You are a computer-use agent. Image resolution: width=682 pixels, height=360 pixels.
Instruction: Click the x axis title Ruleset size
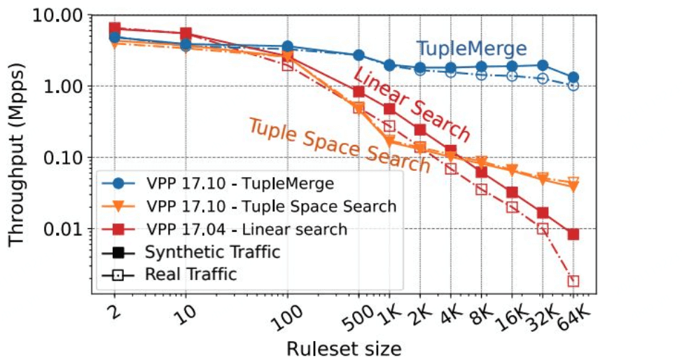click(343, 347)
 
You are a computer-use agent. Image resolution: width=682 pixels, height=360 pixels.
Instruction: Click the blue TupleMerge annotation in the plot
click(471, 49)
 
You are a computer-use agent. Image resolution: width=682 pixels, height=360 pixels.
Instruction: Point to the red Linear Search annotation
click(412, 105)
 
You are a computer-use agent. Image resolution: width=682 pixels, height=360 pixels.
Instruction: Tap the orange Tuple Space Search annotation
click(340, 145)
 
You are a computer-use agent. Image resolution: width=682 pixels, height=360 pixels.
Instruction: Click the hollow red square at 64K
click(573, 282)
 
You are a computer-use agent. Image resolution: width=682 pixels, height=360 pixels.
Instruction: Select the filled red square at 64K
click(573, 234)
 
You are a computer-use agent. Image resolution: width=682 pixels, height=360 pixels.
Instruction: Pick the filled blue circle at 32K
click(543, 65)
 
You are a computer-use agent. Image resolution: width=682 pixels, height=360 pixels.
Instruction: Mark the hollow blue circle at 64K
click(573, 85)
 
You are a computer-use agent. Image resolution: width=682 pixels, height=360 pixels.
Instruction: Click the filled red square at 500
click(359, 92)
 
